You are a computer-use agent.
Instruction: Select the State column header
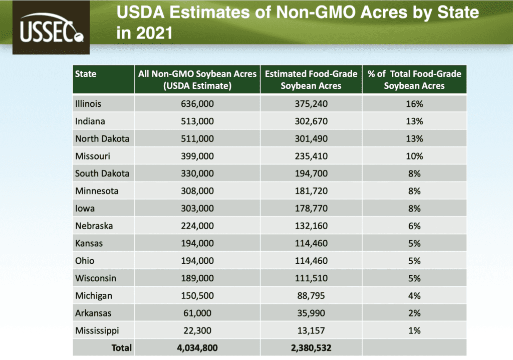tap(86, 74)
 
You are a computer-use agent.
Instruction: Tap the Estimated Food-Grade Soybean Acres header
tap(311, 79)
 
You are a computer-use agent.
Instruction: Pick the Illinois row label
tap(88, 104)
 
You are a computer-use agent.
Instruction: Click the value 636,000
tap(197, 104)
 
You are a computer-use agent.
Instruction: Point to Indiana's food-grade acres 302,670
tap(311, 121)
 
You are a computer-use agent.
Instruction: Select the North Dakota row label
tap(102, 138)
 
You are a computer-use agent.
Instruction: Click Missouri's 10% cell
tap(414, 156)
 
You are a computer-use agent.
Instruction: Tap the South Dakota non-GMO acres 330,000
tap(197, 173)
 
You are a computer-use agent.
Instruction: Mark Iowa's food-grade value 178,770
tap(311, 208)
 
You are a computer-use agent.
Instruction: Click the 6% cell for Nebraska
tap(414, 226)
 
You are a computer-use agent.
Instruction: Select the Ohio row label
tap(85, 261)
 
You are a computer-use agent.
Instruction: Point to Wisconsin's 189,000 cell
tap(197, 278)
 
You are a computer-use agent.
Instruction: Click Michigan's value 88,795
tap(311, 295)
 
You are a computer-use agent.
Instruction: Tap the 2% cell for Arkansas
tap(414, 313)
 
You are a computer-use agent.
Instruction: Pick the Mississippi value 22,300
tap(197, 330)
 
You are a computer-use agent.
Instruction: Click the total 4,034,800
tap(197, 347)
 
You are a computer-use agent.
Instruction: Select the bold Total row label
tap(122, 347)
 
